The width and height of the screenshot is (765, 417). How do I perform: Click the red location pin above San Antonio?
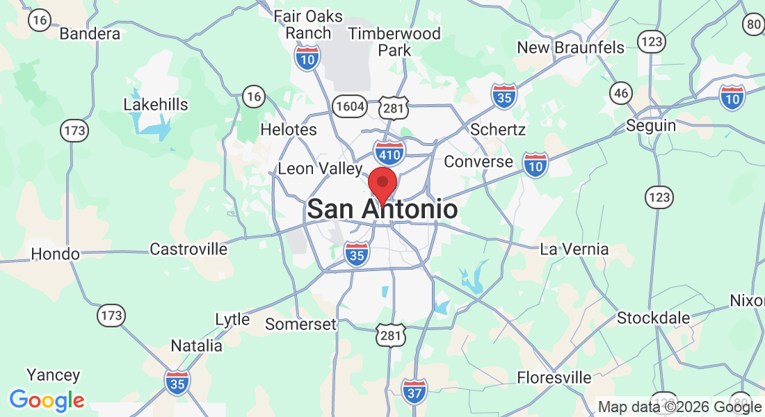(x=382, y=183)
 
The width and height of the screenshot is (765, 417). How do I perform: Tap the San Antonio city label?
(x=382, y=209)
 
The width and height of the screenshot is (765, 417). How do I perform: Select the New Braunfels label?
(x=570, y=47)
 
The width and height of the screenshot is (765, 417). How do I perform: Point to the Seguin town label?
(x=650, y=126)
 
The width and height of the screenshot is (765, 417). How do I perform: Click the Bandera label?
(x=90, y=33)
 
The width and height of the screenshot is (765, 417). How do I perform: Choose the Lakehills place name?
(x=156, y=105)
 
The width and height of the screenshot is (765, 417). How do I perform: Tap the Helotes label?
(x=288, y=129)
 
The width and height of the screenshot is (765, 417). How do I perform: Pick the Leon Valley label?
(x=320, y=169)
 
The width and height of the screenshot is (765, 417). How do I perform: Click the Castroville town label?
(x=188, y=249)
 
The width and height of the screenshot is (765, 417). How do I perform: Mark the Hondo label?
(x=55, y=254)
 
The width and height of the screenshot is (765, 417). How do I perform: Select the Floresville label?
(x=554, y=378)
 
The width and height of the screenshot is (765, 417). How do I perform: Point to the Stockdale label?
(x=654, y=318)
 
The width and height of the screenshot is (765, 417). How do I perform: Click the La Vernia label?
(x=575, y=249)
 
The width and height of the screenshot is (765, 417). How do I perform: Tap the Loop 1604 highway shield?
(x=348, y=106)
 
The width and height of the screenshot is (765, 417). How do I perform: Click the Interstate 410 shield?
(x=389, y=152)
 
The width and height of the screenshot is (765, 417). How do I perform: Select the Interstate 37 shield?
(x=414, y=392)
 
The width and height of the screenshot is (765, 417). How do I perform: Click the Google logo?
(x=47, y=400)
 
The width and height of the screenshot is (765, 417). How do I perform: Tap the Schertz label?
(x=498, y=130)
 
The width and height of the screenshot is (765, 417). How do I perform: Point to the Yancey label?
(x=54, y=375)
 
